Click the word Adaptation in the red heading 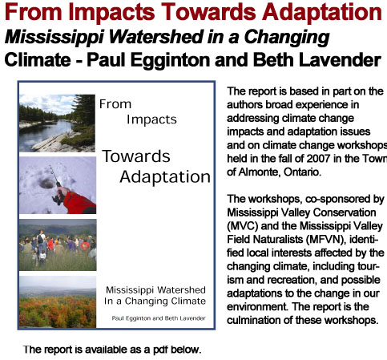[x=322, y=13]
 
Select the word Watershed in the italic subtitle [x=156, y=37]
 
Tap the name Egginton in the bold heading [x=170, y=60]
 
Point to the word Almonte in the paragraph [x=259, y=172]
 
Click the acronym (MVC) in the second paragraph [x=243, y=226]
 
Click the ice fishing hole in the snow [x=46, y=183]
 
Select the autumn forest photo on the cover [x=58, y=302]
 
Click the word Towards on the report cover [x=136, y=156]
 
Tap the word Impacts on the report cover [x=151, y=119]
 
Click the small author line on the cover [x=159, y=318]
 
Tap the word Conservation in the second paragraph [x=345, y=212]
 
